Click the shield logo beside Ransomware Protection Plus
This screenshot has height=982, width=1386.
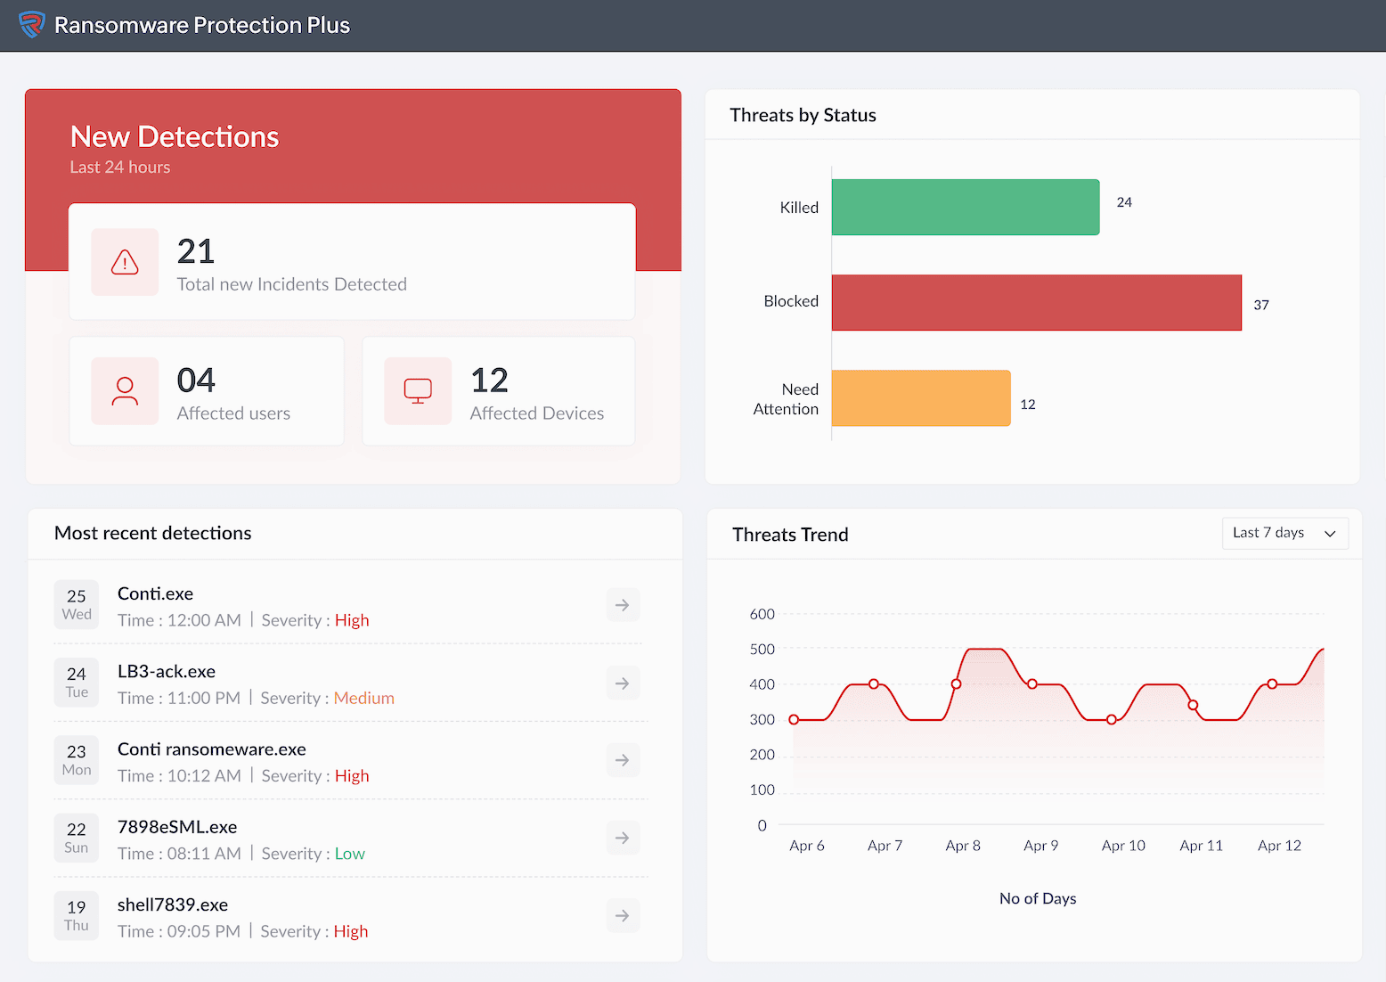[x=32, y=25]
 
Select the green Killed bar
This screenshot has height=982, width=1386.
[x=965, y=208]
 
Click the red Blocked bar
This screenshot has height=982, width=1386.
[x=1036, y=303]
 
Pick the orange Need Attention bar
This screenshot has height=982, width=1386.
[x=920, y=398]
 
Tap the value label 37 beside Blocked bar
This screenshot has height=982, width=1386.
[x=1260, y=305]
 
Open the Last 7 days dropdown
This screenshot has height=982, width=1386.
[x=1284, y=533]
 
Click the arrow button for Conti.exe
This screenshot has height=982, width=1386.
[x=623, y=605]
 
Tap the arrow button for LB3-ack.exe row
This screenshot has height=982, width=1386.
[x=623, y=683]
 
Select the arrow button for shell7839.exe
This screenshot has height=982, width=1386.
[x=623, y=916]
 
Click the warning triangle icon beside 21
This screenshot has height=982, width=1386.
[x=125, y=262]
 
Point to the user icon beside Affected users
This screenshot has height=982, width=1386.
[x=125, y=391]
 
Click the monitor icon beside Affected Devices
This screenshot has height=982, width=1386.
[x=418, y=391]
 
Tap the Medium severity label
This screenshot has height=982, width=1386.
[x=363, y=698]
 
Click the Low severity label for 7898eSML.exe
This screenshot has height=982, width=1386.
[x=349, y=854]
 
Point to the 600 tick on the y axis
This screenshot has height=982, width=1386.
[x=762, y=614]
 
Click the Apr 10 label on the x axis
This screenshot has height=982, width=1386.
[x=1123, y=846]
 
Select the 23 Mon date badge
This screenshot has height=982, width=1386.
[x=77, y=760]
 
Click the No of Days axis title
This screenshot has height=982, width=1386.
[x=1037, y=898]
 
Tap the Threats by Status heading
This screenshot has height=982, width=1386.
[x=803, y=115]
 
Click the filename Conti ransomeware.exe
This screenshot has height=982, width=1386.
[x=211, y=749]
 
